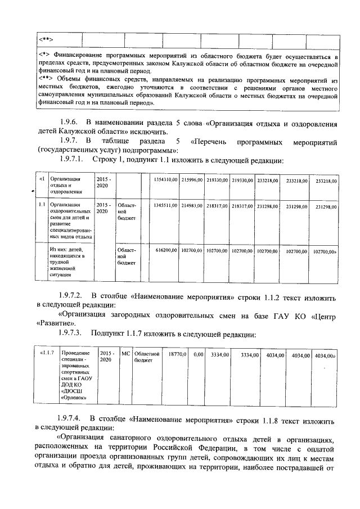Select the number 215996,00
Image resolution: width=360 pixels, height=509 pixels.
coord(192,179)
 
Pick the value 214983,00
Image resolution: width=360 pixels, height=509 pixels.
coord(192,206)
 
